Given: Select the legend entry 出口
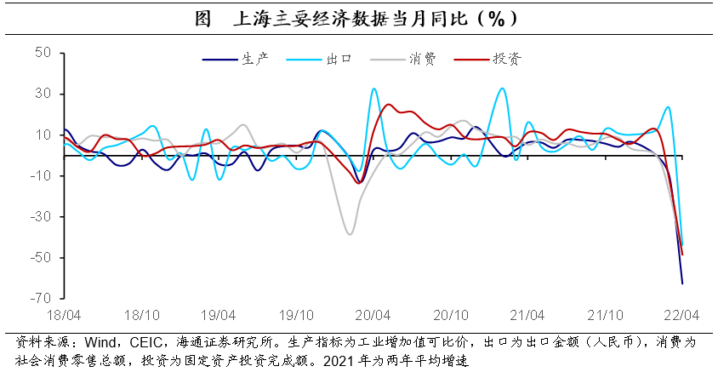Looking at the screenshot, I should point(339,60).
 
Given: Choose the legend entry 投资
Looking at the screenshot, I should point(507,60).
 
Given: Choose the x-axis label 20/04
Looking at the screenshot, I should point(372,314).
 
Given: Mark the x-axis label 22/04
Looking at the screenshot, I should point(681,314).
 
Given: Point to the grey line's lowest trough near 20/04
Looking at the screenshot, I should point(349,234).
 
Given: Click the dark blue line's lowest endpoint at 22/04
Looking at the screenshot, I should point(682,283).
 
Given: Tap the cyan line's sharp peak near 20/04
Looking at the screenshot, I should point(373,89).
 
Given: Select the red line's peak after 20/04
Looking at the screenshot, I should point(388,105).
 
